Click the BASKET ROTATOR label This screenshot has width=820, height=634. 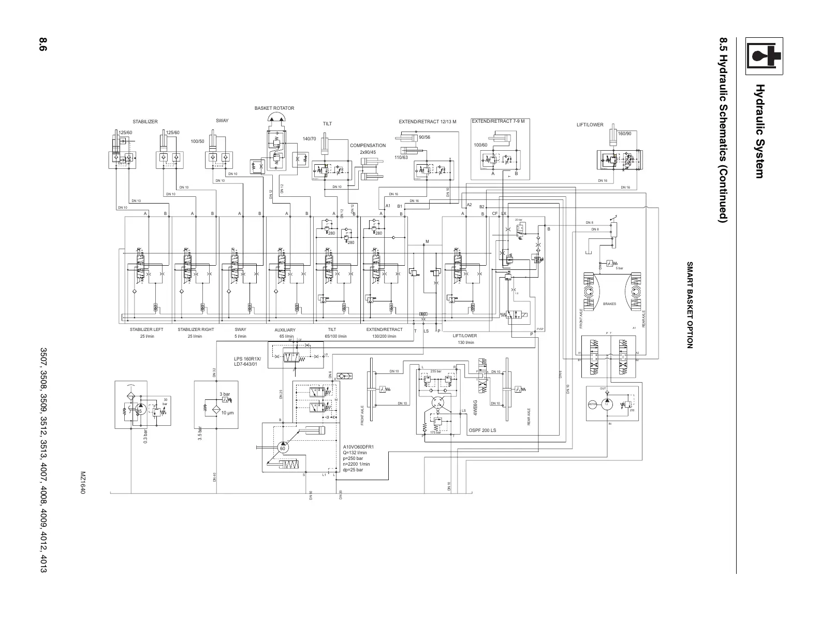click(274, 108)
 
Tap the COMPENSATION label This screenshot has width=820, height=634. click(368, 146)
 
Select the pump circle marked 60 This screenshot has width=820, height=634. click(283, 448)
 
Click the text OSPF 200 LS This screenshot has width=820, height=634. click(482, 430)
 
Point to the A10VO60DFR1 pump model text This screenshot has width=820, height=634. click(358, 446)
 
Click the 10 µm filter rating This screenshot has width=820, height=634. click(228, 413)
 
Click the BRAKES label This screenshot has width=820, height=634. click(609, 304)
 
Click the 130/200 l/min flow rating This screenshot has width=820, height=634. click(384, 337)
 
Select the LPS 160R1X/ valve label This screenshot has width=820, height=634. click(248, 359)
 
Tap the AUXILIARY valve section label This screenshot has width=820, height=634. click(285, 330)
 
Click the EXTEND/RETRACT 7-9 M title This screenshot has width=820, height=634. click(499, 121)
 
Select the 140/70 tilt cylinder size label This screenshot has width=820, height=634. click(309, 139)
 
